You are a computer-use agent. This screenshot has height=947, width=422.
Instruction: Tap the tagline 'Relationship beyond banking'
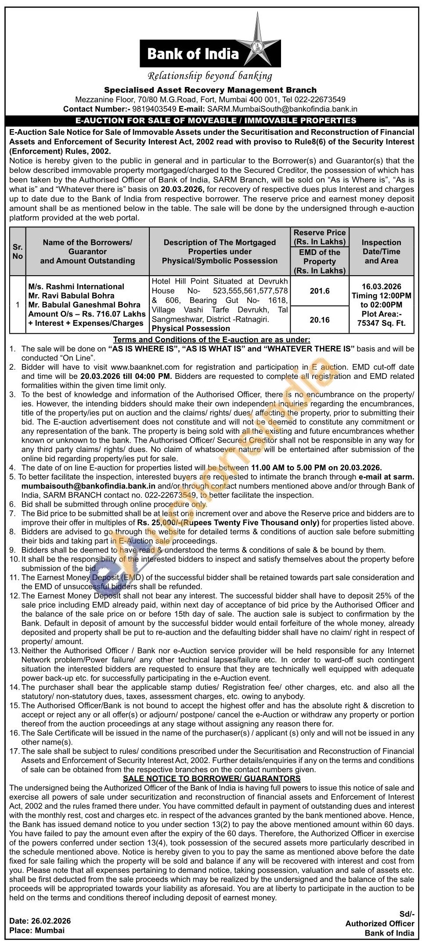click(210, 76)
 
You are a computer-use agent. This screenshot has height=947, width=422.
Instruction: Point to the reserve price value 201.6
click(319, 291)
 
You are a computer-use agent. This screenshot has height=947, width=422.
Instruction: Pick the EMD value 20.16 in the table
click(319, 320)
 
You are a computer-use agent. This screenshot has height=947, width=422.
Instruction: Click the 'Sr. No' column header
click(18, 252)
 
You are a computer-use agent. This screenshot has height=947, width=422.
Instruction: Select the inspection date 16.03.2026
click(381, 287)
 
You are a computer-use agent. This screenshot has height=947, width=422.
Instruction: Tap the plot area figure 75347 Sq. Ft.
click(381, 324)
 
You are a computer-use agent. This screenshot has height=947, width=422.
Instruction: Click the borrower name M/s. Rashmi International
click(76, 287)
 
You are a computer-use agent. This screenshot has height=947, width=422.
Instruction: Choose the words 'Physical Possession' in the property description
click(191, 328)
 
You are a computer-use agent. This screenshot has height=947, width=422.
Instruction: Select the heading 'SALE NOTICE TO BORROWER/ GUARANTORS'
click(212, 778)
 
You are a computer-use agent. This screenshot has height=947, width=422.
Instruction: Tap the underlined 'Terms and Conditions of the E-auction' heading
click(212, 339)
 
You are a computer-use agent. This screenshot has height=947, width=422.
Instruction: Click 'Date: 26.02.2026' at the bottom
click(40, 921)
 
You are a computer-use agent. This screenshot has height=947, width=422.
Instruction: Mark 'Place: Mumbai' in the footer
click(37, 930)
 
